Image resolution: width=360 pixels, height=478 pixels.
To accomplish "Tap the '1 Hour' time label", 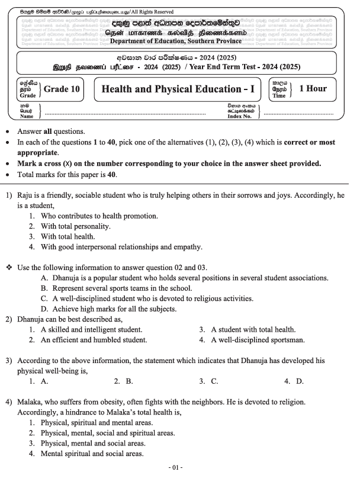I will pyautogui.click(x=312, y=89).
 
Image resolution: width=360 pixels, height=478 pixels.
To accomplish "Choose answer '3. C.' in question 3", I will pyautogui.click(x=208, y=381).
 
